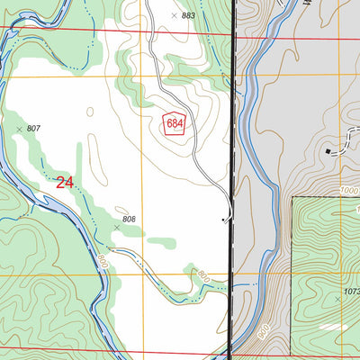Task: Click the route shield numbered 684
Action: pos(174,124)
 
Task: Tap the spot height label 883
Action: pos(187,16)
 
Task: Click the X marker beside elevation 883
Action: pos(174,15)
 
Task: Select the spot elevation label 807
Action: pos(33,130)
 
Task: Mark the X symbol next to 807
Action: pos(19,130)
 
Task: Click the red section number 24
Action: pos(64,183)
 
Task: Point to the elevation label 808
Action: pos(129,219)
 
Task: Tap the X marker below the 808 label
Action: pos(116,228)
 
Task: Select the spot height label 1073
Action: pos(352,294)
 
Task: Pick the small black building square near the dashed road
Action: pos(328,151)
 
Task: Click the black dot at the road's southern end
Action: pos(222,218)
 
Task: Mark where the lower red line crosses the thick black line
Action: pos(229,351)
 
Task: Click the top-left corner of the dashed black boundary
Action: pos(292,195)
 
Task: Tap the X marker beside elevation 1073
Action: pos(337,294)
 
